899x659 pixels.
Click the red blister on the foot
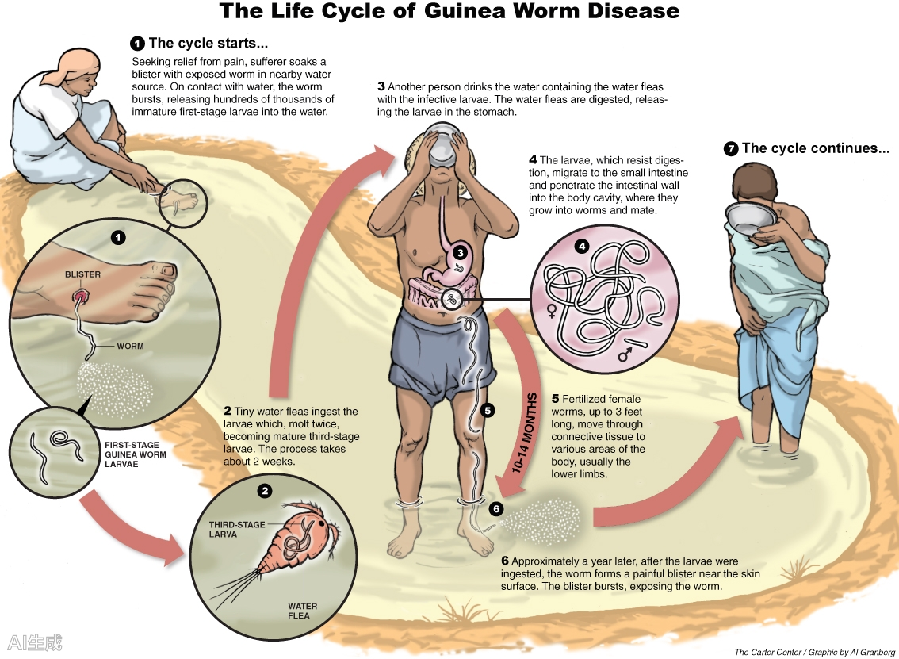81,296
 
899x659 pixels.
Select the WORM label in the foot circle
130,347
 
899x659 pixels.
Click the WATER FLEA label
303,611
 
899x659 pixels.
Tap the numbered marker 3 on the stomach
461,253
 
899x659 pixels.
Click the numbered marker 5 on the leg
487,410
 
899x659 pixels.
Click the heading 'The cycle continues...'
808,148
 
